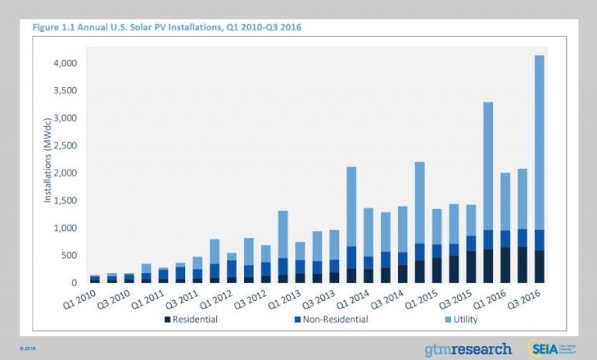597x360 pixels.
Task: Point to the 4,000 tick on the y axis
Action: (x=65, y=63)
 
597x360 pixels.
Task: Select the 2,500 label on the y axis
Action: (x=65, y=145)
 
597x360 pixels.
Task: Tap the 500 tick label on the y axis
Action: (x=70, y=256)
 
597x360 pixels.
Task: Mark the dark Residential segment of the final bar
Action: (x=539, y=267)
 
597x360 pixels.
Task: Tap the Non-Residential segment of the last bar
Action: (x=539, y=240)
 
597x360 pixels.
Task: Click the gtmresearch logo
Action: (x=468, y=348)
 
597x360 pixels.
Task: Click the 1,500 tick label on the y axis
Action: (x=65, y=201)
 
